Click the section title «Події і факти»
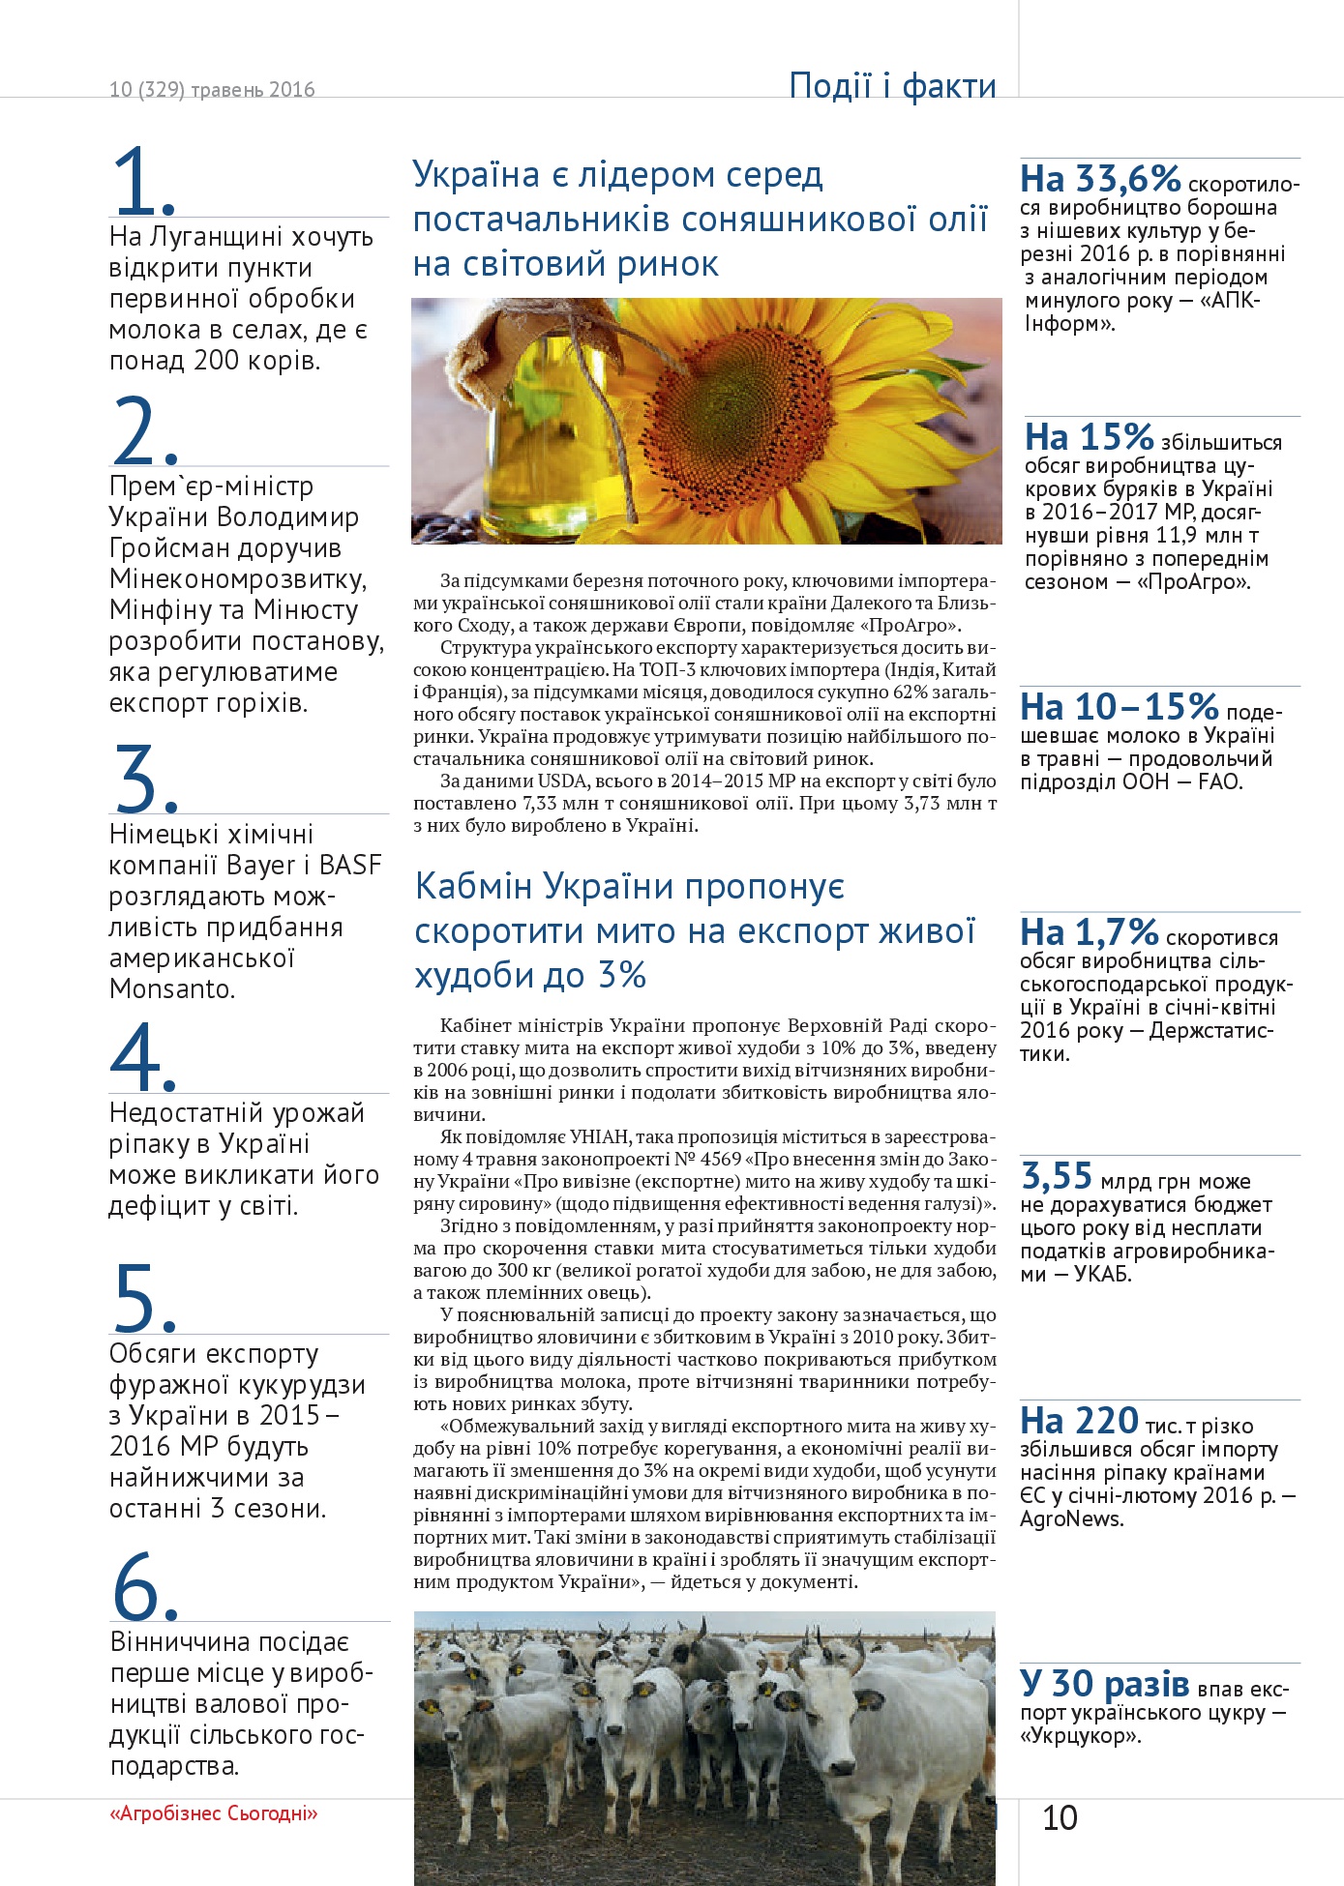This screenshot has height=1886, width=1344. [x=892, y=86]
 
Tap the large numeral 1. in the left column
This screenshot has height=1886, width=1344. [x=143, y=182]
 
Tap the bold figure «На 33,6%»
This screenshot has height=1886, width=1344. [x=1100, y=179]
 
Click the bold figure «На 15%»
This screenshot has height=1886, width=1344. [x=1089, y=437]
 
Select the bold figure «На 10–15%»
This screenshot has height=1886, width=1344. [x=1119, y=707]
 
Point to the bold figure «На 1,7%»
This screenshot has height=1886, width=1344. [x=1089, y=932]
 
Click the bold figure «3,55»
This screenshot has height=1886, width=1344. [x=1057, y=1176]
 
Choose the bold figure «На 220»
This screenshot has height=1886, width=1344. [x=1079, y=1421]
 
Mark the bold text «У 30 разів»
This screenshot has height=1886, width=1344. [x=1104, y=1684]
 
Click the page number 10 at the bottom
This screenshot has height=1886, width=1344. [x=1060, y=1817]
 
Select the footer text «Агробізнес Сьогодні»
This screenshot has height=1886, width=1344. [x=214, y=1812]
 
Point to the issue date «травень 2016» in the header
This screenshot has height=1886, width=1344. [x=253, y=90]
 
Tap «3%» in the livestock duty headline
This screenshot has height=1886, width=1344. [x=621, y=975]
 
